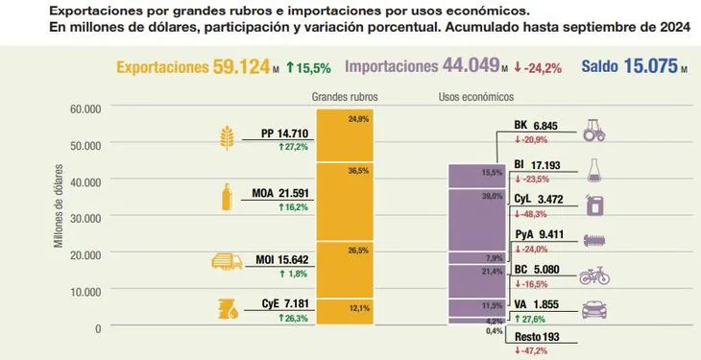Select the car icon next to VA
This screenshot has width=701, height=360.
[x=594, y=310]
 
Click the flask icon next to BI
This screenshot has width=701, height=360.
[x=594, y=166]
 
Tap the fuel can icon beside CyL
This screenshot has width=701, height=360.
[x=594, y=204]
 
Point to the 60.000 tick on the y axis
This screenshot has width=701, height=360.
[x=85, y=108]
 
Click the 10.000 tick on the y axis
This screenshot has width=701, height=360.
[x=85, y=291]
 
